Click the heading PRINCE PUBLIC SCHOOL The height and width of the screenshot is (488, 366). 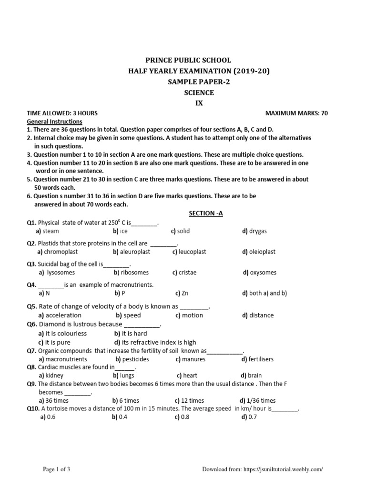point(188,61)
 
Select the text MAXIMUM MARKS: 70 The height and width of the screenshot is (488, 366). point(296,113)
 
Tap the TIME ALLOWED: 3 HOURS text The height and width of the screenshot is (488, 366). point(62,113)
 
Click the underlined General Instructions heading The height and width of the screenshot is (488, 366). point(54,122)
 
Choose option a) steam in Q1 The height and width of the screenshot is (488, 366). point(48,231)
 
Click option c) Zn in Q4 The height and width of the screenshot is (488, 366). point(182,294)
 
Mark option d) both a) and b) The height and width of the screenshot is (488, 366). point(264,294)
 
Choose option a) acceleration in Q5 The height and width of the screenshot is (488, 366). point(60,315)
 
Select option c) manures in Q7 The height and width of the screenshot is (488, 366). point(190,359)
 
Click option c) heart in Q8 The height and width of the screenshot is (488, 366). point(187,376)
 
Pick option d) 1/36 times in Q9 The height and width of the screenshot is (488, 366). point(257,401)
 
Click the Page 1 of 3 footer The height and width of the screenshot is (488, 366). point(57,469)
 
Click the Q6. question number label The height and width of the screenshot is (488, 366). point(31,325)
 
